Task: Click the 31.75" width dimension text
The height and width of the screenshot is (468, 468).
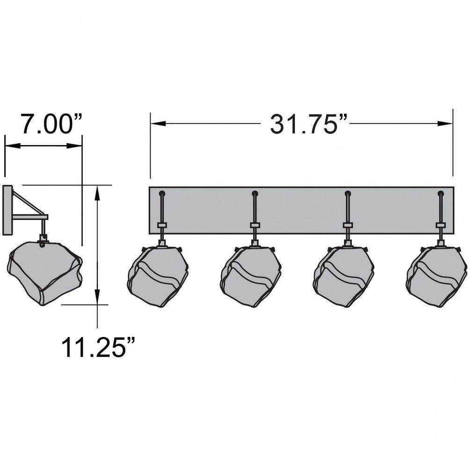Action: [x=309, y=124]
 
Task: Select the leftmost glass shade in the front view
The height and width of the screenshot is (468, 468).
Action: [x=158, y=277]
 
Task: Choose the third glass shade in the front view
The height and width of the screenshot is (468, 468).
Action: [x=344, y=277]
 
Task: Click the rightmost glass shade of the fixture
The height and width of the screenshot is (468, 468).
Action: [x=437, y=277]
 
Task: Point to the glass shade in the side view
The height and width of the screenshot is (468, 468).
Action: [x=45, y=273]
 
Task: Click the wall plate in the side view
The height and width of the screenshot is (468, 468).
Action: [x=7, y=210]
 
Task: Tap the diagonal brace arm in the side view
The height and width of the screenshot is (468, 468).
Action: [x=29, y=203]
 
